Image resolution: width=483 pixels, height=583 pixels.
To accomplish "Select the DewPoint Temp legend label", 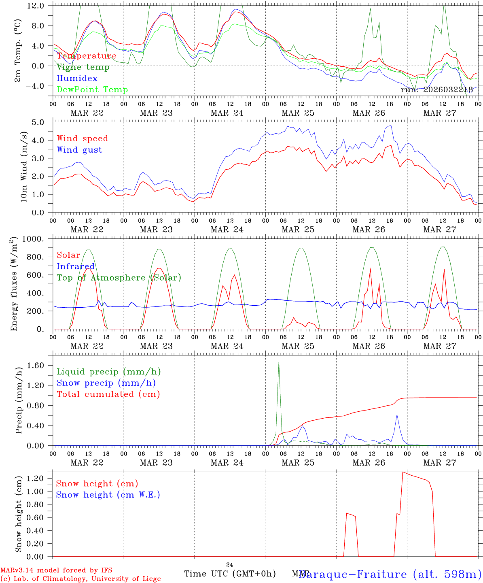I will pos(92,90).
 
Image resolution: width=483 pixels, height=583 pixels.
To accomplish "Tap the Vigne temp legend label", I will pos(83,67).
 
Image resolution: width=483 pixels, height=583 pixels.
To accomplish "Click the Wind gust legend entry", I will pos(79,150).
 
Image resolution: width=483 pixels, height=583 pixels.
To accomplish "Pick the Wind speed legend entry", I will pos(83,139).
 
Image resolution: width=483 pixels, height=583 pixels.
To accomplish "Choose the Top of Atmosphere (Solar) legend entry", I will pos(119,278).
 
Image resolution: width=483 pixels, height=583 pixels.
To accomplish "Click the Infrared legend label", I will pos(76,266).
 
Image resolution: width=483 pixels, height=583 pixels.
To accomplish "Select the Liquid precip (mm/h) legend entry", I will pos(109,372).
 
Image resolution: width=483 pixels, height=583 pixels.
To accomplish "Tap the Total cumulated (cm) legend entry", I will pos(108,394).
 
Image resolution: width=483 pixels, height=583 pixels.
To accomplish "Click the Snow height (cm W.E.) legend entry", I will pos(108,495).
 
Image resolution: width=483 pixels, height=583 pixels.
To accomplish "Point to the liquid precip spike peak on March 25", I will pos(279,362).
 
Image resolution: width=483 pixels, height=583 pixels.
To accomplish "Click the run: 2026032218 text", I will pos(436,90).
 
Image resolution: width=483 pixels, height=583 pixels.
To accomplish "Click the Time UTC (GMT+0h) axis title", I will pos(230,574).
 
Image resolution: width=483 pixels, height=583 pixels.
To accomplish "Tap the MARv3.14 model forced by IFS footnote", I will pos(56,570).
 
